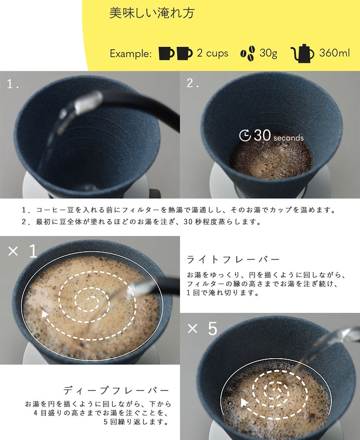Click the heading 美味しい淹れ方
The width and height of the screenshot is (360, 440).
[151, 13]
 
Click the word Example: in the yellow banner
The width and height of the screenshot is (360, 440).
[130, 54]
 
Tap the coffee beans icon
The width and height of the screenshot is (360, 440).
[248, 53]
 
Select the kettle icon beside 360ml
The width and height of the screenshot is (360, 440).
[302, 53]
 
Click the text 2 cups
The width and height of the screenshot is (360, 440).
[212, 53]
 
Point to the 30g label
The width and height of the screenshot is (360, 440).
[268, 53]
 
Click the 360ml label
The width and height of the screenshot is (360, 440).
[334, 53]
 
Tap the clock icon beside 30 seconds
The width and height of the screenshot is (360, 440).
[245, 135]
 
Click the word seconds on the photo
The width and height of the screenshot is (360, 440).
[288, 138]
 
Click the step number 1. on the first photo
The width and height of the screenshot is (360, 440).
[13, 84]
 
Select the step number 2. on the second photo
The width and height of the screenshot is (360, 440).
[193, 83]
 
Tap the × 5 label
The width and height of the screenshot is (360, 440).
[202, 328]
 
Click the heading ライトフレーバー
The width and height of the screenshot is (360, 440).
[233, 259]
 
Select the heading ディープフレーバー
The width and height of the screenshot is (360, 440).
[116, 390]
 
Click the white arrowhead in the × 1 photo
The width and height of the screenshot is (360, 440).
[45, 313]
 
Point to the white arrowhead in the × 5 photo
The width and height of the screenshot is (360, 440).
[245, 403]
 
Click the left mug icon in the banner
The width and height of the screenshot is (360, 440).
[166, 53]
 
